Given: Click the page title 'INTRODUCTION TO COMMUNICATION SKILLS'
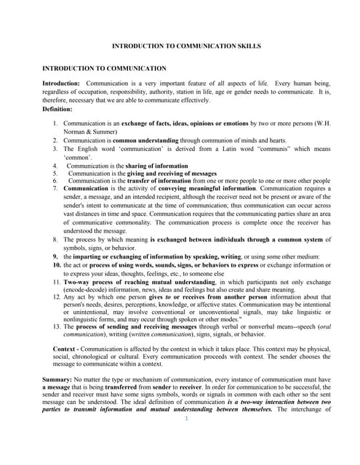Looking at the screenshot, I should coord(180,46).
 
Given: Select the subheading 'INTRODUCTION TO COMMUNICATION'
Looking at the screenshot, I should coord(104,68).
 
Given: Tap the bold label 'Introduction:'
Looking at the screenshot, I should coord(62,84).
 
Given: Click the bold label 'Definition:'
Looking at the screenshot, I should coord(57,108).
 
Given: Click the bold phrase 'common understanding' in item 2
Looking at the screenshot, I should coord(156,140).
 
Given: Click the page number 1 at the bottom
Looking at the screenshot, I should coord(186,418).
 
